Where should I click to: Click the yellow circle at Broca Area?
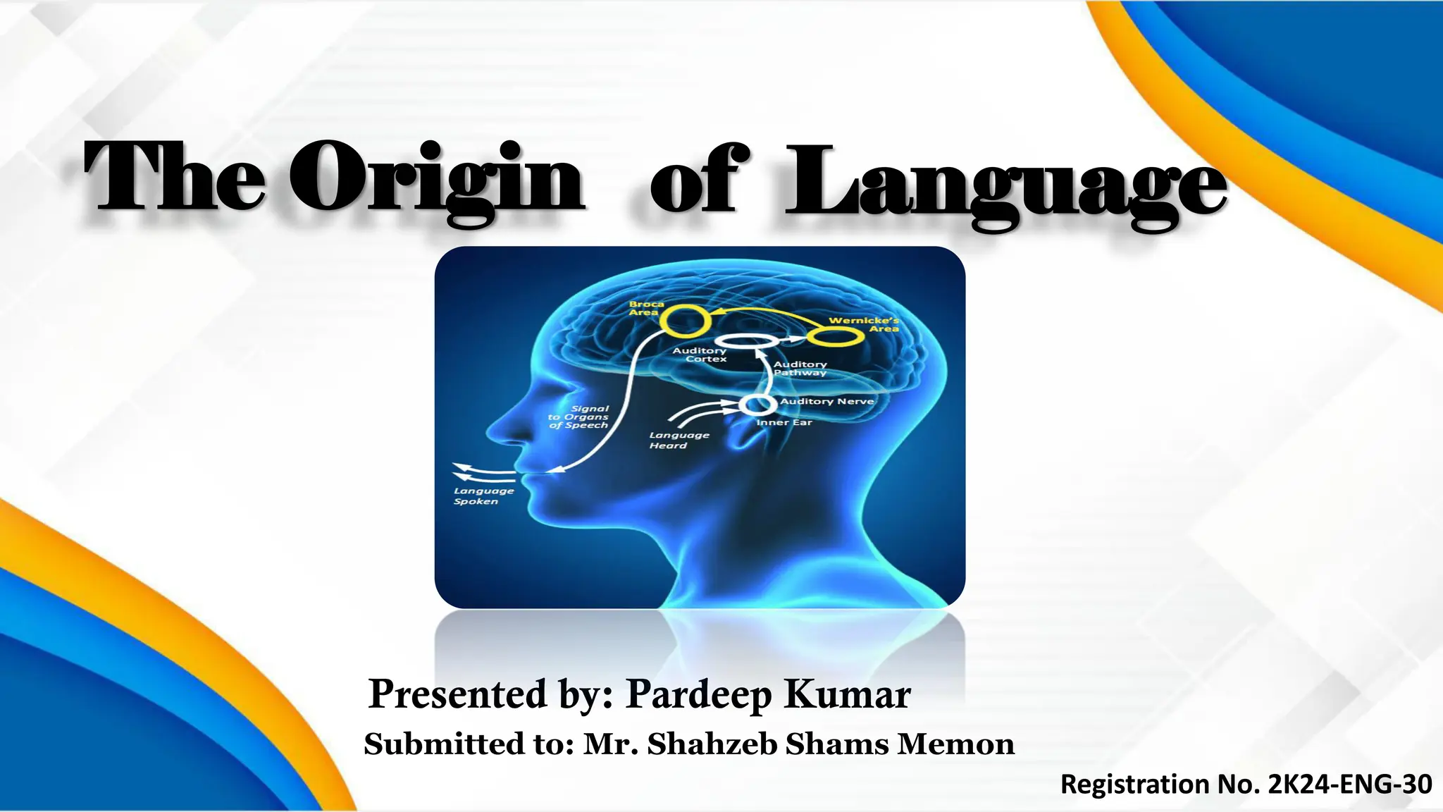[x=684, y=321]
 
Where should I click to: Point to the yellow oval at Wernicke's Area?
[x=835, y=337]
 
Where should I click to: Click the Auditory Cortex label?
[x=700, y=355]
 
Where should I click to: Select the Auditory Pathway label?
[x=800, y=369]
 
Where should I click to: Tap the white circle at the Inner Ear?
[x=757, y=405]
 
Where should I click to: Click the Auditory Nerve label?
[x=827, y=401]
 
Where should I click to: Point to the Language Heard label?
[x=679, y=441]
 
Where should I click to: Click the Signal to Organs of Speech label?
[x=579, y=417]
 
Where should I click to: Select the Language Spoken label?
[x=483, y=496]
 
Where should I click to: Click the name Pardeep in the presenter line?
[x=699, y=694]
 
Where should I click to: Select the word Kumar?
[x=848, y=694]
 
